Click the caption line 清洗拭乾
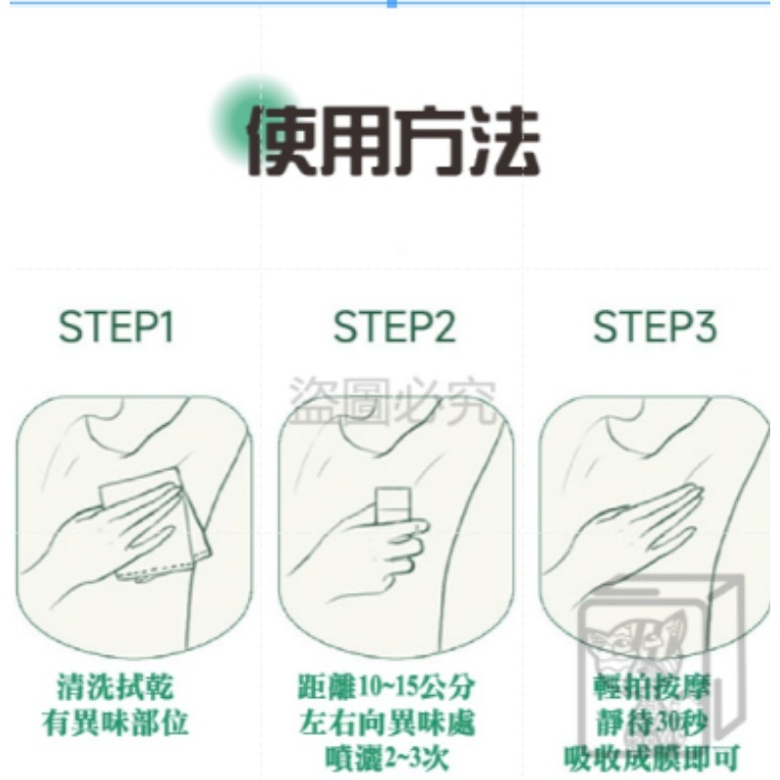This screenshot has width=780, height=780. pyautogui.click(x=116, y=687)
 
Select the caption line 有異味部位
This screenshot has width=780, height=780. pyautogui.click(x=116, y=722)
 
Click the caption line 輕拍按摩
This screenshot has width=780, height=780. pyautogui.click(x=651, y=687)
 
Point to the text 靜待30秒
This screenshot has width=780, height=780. pyautogui.click(x=651, y=722)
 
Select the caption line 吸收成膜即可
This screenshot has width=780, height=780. pyautogui.click(x=651, y=758)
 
